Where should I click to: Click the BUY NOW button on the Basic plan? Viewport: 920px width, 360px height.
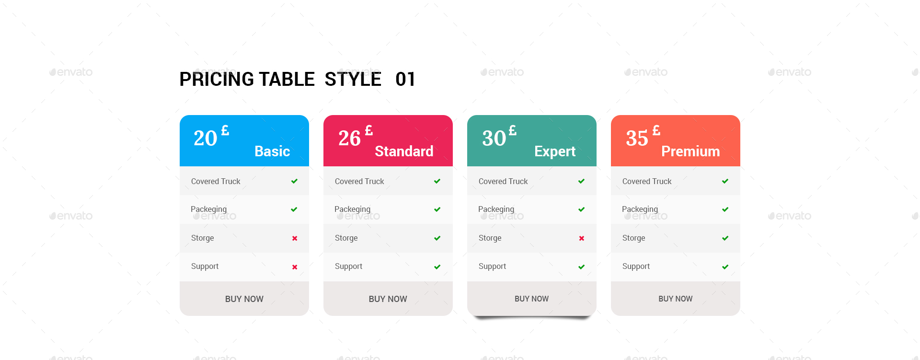(244, 299)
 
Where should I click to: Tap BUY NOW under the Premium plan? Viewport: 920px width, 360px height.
(675, 299)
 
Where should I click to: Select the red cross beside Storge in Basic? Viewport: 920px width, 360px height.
(295, 238)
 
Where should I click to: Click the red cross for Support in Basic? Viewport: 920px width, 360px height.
(295, 267)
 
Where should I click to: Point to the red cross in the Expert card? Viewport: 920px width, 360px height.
(581, 238)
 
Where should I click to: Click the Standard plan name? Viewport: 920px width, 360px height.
(404, 151)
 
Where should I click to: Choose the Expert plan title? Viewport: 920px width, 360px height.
(555, 151)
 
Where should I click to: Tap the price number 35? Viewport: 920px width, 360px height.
(637, 139)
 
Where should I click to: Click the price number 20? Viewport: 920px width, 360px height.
(206, 139)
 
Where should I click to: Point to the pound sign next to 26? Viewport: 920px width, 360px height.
(369, 130)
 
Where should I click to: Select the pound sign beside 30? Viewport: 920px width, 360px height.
(513, 130)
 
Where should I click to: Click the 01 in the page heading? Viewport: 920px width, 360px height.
(405, 79)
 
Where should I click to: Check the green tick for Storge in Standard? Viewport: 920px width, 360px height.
(437, 238)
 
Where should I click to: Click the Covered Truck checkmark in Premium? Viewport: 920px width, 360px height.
(725, 181)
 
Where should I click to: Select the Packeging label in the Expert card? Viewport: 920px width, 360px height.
(496, 209)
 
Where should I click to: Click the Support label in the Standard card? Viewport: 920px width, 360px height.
(348, 266)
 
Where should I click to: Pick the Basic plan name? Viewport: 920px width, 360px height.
(272, 151)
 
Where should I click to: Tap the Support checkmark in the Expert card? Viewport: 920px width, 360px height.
(581, 267)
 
